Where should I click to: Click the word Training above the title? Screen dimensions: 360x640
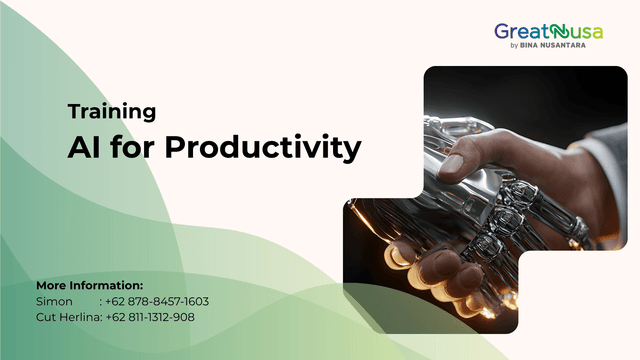(112, 112)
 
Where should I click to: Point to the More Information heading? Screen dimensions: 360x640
(89, 285)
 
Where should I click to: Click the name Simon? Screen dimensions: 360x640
(54, 301)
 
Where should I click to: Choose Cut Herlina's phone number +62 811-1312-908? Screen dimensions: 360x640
(150, 317)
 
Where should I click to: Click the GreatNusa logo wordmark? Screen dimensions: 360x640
(548, 32)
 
